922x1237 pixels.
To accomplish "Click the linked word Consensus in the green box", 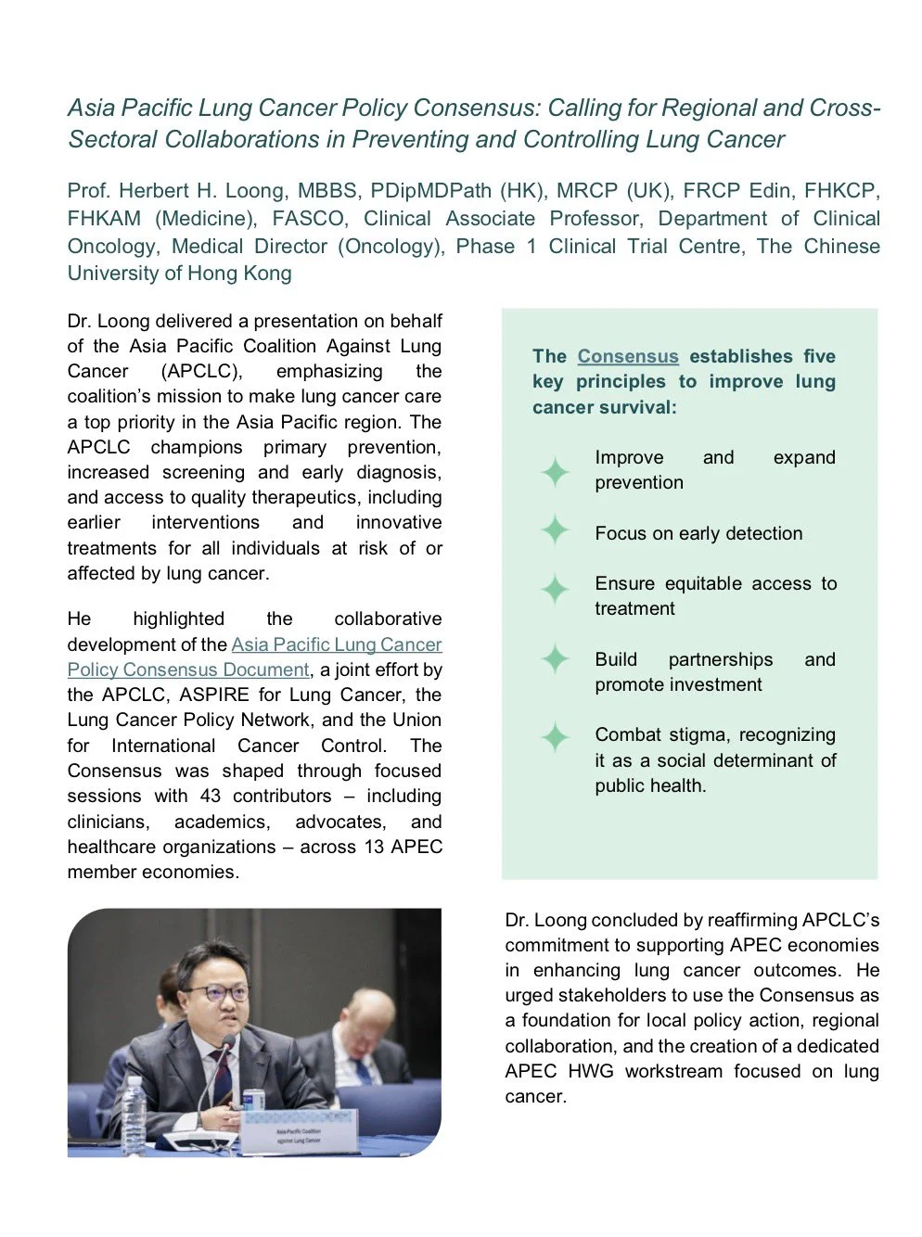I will coord(628,357).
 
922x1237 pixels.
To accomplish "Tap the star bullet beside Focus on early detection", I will coord(555,531).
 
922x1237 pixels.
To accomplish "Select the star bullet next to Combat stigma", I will coord(555,738).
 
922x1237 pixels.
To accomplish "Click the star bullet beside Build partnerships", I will coord(555,660).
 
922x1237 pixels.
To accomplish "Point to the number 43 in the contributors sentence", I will coord(211,797).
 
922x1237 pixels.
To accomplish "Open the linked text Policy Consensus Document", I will coord(188,670).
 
